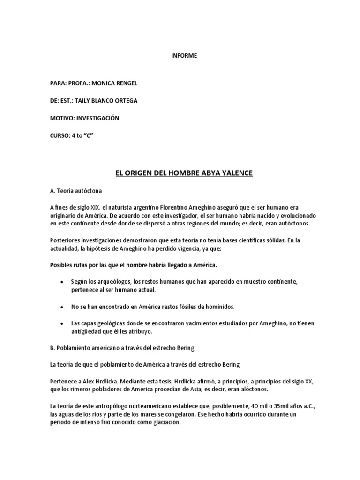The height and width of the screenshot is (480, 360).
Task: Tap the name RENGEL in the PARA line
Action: point(124,83)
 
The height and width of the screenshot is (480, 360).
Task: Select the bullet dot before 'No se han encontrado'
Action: point(62,307)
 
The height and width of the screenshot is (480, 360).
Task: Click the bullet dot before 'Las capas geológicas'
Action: point(62,324)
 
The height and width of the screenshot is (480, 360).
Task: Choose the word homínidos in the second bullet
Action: point(218,307)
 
